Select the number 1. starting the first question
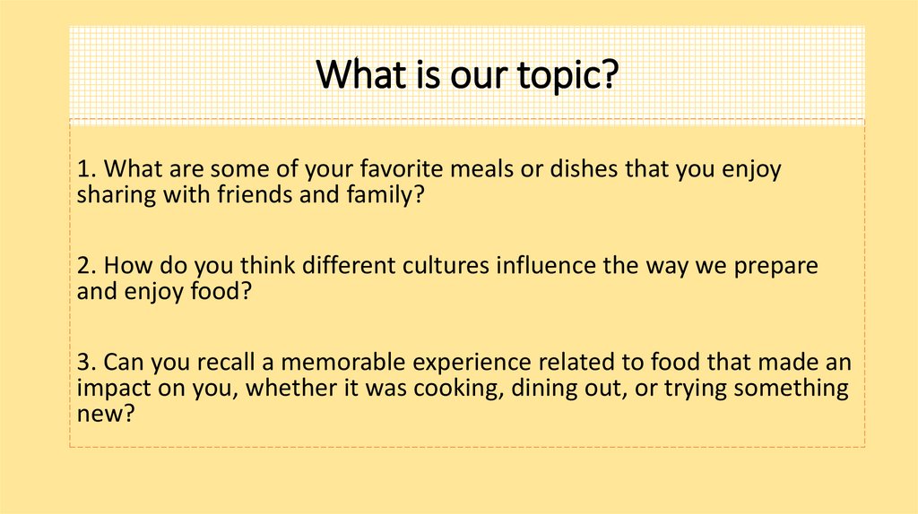click(x=86, y=170)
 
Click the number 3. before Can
click(x=86, y=363)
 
